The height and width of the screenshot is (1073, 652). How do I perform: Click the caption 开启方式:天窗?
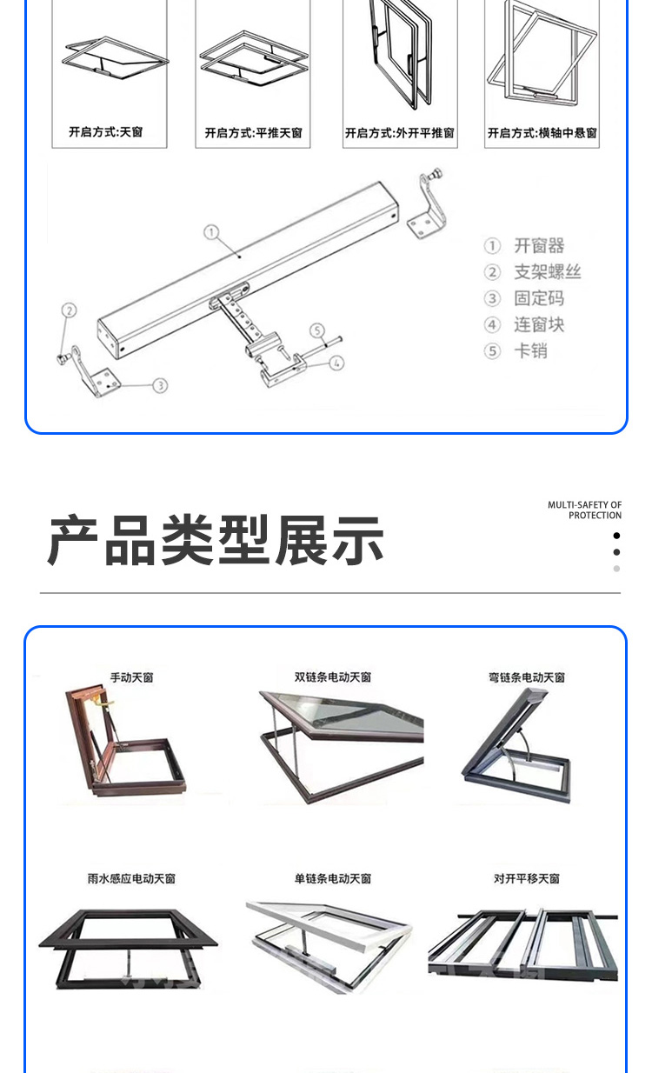(x=105, y=132)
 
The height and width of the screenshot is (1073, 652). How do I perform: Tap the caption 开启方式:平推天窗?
(x=254, y=133)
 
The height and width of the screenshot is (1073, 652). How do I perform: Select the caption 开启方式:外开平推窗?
(x=400, y=133)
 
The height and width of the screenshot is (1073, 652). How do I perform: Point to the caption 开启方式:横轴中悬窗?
(x=542, y=133)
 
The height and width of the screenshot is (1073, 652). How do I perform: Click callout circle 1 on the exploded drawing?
(x=211, y=232)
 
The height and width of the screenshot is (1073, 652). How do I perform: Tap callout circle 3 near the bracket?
(x=161, y=385)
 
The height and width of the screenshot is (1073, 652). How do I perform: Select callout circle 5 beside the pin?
(x=317, y=330)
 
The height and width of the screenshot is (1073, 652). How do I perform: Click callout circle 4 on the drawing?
(x=336, y=363)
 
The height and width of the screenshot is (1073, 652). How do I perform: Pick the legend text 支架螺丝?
(x=548, y=272)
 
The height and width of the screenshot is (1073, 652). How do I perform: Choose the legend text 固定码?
(x=539, y=298)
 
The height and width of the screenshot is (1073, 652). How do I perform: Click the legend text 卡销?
(x=530, y=351)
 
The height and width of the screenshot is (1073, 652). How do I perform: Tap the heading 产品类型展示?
(x=216, y=540)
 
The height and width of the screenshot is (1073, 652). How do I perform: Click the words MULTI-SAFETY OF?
(x=584, y=505)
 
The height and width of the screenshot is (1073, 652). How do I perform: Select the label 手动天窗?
(x=132, y=677)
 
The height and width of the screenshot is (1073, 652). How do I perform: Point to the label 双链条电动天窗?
(x=332, y=677)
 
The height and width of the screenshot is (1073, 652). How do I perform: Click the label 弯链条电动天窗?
(x=527, y=677)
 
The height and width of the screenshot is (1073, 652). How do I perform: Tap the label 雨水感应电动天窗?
(x=131, y=878)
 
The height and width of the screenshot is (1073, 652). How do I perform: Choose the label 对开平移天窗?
(x=527, y=878)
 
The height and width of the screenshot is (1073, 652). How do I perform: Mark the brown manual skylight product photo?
(x=125, y=742)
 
